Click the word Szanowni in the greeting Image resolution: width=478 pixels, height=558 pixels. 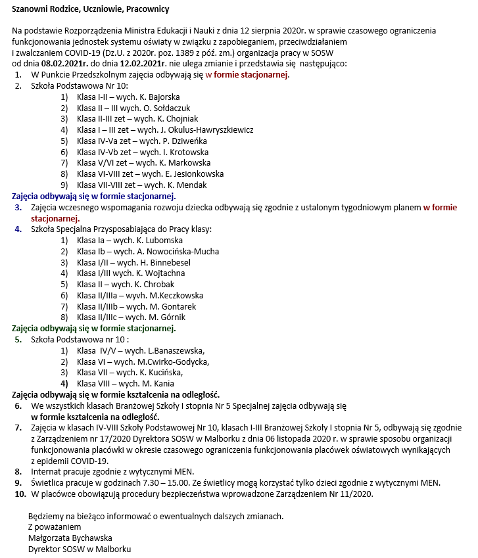coord(31,9)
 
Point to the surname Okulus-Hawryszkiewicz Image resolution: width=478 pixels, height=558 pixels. coord(203,129)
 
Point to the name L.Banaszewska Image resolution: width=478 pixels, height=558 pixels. coord(176,350)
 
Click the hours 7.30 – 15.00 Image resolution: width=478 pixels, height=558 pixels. coord(172,482)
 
